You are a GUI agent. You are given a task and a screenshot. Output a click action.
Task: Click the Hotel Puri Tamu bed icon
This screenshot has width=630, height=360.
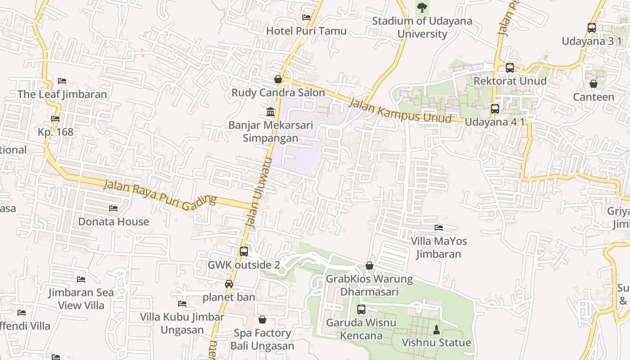pyautogui.click(x=306, y=18)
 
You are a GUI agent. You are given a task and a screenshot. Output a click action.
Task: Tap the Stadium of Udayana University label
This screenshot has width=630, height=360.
pyautogui.click(x=422, y=27)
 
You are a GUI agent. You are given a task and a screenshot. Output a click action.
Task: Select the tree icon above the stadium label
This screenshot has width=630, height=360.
pyautogui.click(x=422, y=7)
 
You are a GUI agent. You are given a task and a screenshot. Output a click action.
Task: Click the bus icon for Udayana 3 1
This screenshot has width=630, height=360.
pyautogui.click(x=592, y=28)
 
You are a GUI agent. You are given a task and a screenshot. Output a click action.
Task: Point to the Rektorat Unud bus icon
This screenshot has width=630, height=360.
pyautogui.click(x=510, y=68)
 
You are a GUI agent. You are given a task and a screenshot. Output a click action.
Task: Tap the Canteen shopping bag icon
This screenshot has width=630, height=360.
pyautogui.click(x=594, y=84)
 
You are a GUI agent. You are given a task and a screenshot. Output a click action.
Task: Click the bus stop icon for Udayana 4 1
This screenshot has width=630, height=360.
pyautogui.click(x=495, y=109)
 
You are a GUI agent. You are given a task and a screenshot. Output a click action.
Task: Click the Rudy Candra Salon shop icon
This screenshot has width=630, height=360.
pyautogui.click(x=278, y=80)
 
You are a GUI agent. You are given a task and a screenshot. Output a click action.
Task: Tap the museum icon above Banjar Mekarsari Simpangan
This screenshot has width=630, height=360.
pyautogui.click(x=270, y=112)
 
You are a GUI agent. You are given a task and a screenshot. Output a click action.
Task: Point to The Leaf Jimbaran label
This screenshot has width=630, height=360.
pyautogui.click(x=62, y=94)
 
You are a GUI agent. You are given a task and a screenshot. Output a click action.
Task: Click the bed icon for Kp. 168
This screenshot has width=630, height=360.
pyautogui.click(x=55, y=119)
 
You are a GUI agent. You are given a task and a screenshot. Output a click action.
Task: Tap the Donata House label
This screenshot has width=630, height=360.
pyautogui.click(x=113, y=222)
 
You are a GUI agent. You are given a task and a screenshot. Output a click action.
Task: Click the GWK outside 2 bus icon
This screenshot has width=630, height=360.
pyautogui.click(x=244, y=252)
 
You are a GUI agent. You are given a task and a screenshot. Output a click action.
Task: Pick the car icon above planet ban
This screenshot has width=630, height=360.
pyautogui.click(x=229, y=284)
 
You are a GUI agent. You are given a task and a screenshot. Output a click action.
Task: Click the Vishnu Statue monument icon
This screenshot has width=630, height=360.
pyautogui.click(x=436, y=330)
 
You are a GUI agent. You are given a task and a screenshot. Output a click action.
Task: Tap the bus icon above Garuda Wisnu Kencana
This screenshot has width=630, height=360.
pyautogui.click(x=361, y=310)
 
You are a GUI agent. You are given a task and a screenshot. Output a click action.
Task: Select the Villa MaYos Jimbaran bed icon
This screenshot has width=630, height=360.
pyautogui.click(x=439, y=228)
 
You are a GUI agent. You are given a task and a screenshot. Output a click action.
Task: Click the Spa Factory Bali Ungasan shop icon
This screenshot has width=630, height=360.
pyautogui.click(x=262, y=320)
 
